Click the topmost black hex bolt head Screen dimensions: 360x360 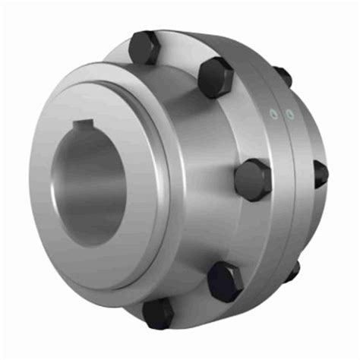[145, 47]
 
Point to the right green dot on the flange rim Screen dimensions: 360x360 [289, 115]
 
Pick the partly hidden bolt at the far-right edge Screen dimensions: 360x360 [321, 173]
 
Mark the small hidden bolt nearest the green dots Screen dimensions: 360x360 [283, 76]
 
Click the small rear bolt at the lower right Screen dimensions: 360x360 [293, 270]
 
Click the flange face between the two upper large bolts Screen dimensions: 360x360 [182, 65]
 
